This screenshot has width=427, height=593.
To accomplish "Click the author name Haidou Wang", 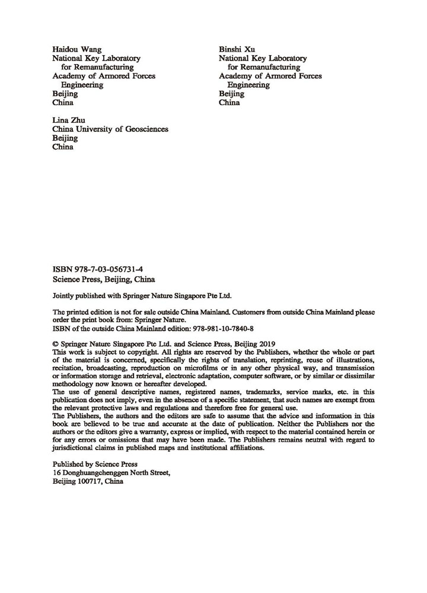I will [77, 49].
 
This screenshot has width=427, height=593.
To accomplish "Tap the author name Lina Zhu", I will [69, 120].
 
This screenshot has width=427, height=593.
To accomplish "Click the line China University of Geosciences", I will [110, 129].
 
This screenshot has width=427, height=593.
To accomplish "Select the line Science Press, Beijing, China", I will [104, 278].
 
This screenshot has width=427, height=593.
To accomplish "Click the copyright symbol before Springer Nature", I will [56, 343].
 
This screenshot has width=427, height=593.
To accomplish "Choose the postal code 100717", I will [90, 483].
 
